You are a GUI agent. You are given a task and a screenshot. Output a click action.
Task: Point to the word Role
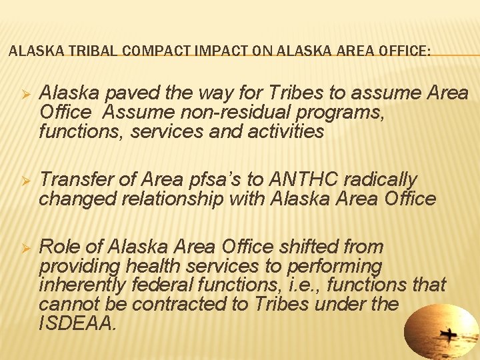point(61,247)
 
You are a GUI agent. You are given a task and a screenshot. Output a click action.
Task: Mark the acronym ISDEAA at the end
point(77,323)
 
